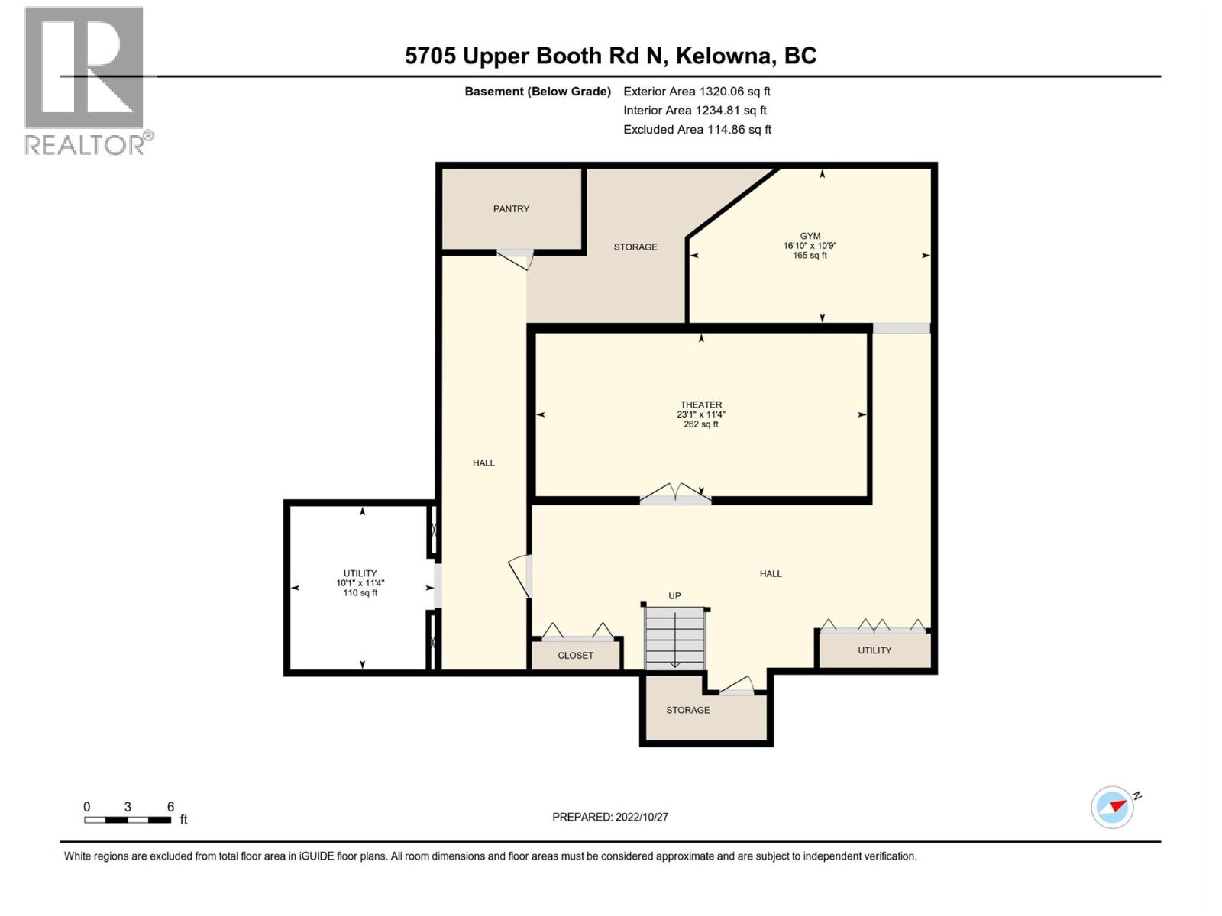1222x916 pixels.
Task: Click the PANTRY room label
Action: pos(511,208)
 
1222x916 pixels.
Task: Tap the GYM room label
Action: pos(810,236)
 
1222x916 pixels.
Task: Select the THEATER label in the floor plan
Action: pos(700,405)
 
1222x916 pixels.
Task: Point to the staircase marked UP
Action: pos(674,637)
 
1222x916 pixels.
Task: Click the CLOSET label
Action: pos(575,655)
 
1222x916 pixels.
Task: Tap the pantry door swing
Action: pos(516,259)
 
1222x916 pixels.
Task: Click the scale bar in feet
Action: pos(128,820)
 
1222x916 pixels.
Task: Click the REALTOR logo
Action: pos(85,79)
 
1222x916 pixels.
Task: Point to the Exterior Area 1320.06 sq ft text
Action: pos(697,91)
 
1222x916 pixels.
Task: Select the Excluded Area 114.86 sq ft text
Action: pos(697,129)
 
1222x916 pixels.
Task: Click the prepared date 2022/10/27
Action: pos(610,817)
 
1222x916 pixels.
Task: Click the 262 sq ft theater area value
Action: pos(700,424)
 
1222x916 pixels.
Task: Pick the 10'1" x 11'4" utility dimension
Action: pos(360,583)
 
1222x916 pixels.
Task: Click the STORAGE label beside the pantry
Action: pos(635,247)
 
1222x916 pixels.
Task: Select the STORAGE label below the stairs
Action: pos(687,710)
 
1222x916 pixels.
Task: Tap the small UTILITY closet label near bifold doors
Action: pos(874,650)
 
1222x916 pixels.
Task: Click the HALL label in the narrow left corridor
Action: pos(483,463)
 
